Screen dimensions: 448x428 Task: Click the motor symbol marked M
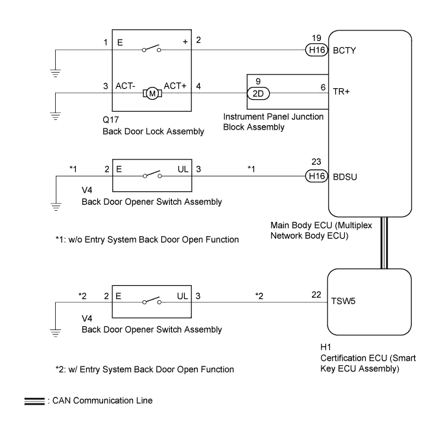click(152, 93)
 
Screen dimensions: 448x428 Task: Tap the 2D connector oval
click(258, 93)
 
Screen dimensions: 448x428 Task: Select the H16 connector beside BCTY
click(316, 50)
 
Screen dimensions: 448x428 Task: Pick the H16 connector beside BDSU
click(316, 176)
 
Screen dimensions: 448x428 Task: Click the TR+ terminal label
click(341, 91)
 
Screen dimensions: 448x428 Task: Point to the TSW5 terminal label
click(343, 301)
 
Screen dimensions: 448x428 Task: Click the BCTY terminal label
click(344, 51)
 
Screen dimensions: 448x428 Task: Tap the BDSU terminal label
click(345, 177)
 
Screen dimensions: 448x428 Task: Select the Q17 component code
click(111, 120)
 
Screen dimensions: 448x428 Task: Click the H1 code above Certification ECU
click(325, 347)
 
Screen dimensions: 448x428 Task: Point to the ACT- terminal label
click(125, 86)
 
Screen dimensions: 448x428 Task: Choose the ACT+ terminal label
click(175, 86)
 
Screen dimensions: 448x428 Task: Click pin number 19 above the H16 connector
click(316, 38)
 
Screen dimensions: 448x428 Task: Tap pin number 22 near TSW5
click(316, 294)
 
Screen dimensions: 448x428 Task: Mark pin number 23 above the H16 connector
click(316, 161)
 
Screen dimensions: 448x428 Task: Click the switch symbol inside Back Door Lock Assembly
click(152, 49)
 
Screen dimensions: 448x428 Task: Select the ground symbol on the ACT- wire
click(55, 116)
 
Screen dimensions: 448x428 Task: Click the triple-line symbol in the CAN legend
click(34, 401)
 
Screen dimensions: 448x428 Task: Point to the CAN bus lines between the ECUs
click(384, 243)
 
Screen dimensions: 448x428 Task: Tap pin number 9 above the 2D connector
click(258, 82)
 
